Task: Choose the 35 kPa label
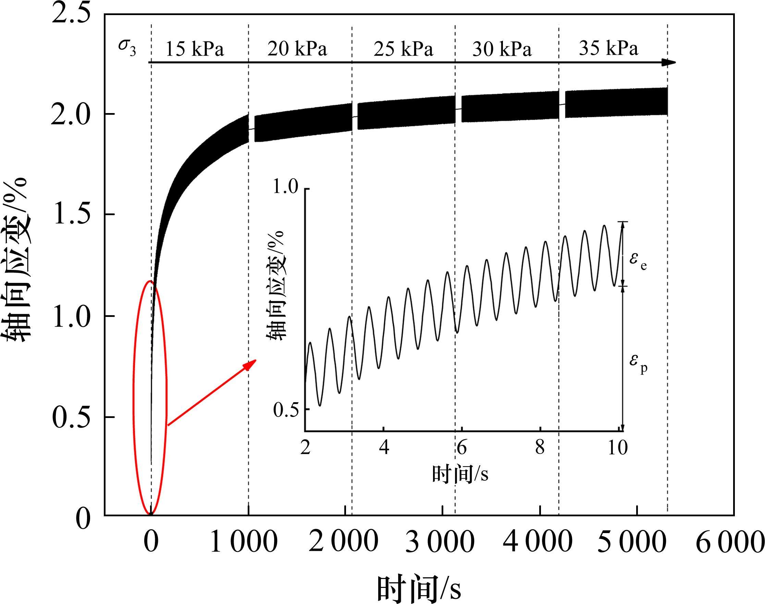[608, 48]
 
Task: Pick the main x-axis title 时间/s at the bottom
[419, 589]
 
